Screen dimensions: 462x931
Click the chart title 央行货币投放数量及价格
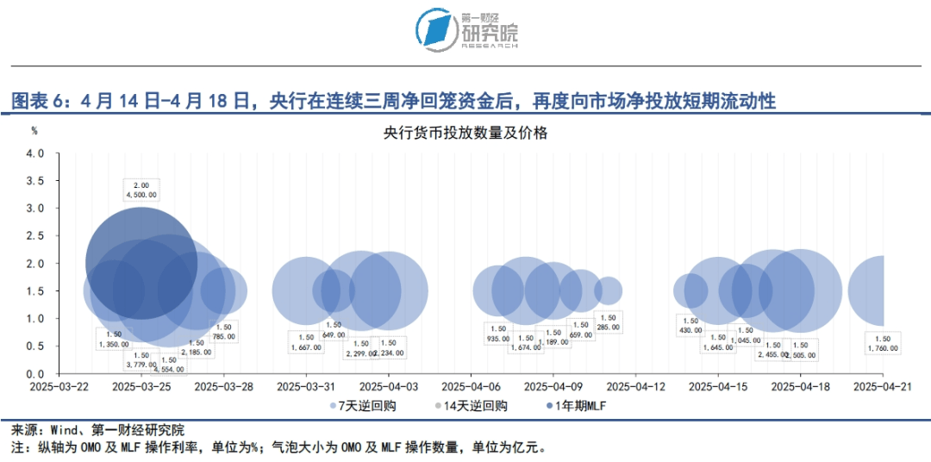coord(465,134)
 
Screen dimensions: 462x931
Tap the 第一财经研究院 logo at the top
coord(465,29)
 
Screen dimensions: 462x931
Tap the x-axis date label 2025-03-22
coord(59,388)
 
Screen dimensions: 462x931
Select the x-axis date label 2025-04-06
coord(471,388)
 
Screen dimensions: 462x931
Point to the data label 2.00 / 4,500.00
coord(141,190)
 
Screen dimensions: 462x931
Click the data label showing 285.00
coord(609,323)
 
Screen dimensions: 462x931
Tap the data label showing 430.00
coord(690,326)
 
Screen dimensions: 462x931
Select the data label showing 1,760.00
coord(882,344)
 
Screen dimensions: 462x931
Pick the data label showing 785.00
coord(224,332)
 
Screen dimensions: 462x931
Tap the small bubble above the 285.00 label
coord(609,290)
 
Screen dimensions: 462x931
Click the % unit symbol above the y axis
coord(34,131)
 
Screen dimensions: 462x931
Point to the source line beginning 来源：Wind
coord(97,429)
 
